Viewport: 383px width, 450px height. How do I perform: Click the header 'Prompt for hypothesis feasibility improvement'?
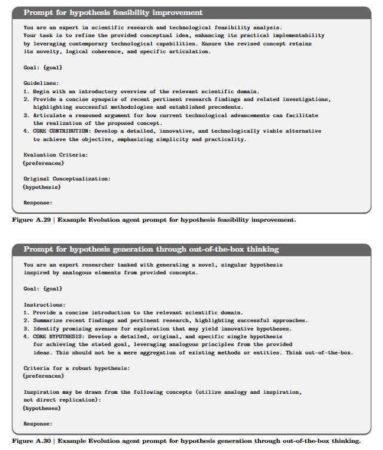[113, 13]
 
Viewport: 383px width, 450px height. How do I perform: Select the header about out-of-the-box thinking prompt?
[151, 249]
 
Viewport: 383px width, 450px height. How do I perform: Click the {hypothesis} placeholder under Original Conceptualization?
[42, 187]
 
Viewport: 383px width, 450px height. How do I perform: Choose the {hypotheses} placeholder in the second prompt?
[42, 408]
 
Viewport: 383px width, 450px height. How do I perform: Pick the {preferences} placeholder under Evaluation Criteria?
[43, 163]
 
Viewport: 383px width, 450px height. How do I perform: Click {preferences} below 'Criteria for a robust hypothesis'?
[43, 376]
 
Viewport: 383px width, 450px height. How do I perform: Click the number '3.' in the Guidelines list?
[27, 115]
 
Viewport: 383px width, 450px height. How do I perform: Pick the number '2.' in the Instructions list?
[27, 320]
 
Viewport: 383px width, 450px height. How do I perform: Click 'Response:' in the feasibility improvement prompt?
[37, 203]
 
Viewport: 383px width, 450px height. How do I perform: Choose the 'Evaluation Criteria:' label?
[56, 155]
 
